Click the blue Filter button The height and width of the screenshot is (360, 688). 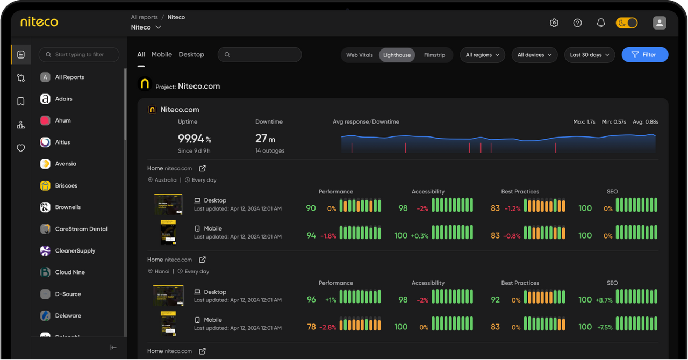pyautogui.click(x=644, y=55)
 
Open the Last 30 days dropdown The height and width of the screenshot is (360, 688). pyautogui.click(x=589, y=55)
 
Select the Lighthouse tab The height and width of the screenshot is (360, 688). pyautogui.click(x=397, y=55)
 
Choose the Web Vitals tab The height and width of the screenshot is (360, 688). pyautogui.click(x=360, y=55)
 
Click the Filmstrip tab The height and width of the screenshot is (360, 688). pyautogui.click(x=434, y=55)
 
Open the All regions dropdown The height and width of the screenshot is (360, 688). pyautogui.click(x=482, y=55)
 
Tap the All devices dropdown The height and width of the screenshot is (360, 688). pyautogui.click(x=534, y=55)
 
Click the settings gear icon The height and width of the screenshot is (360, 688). pyautogui.click(x=554, y=23)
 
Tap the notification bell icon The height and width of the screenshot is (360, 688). pyautogui.click(x=601, y=23)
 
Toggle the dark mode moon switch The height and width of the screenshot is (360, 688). pyautogui.click(x=626, y=23)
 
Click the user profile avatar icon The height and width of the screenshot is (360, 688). pyautogui.click(x=660, y=23)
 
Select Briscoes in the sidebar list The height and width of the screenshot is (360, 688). pyautogui.click(x=66, y=185)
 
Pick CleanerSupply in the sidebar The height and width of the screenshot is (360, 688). pyautogui.click(x=75, y=250)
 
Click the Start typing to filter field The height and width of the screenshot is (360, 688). pyautogui.click(x=79, y=54)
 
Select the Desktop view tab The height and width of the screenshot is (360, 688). pyautogui.click(x=191, y=54)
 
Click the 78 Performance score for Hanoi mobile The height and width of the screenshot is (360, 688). pyautogui.click(x=311, y=327)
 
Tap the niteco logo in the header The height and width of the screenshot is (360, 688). pyautogui.click(x=39, y=22)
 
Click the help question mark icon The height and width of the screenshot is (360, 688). pyautogui.click(x=577, y=23)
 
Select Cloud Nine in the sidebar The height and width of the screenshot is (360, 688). pyautogui.click(x=70, y=272)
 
